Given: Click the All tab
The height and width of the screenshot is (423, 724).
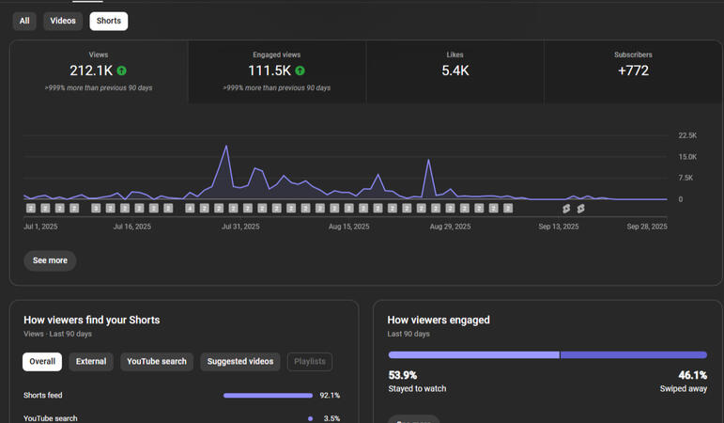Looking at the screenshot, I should click(24, 21).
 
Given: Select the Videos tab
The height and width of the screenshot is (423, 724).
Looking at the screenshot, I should click(63, 21).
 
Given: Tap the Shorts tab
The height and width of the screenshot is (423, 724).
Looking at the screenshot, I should click(109, 21).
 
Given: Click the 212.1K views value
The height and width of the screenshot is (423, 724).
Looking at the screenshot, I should click(91, 70).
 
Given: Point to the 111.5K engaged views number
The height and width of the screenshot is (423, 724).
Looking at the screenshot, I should click(270, 70).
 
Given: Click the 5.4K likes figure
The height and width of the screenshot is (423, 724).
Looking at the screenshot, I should click(455, 70).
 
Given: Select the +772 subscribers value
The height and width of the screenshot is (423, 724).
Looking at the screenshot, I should click(633, 70).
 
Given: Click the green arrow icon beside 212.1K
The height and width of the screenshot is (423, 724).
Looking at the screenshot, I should click(122, 70).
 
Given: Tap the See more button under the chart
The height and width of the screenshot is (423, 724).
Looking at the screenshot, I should click(50, 260).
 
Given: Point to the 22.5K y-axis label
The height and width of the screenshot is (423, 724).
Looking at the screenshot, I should click(687, 135).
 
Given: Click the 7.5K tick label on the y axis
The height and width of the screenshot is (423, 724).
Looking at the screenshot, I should click(685, 178).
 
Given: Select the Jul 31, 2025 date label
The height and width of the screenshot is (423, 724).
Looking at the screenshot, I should click(240, 227).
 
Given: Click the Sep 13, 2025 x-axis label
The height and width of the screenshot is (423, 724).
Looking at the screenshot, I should click(558, 227).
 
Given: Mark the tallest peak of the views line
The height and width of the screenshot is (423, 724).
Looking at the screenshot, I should click(226, 147).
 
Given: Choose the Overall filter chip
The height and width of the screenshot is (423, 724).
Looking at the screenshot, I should click(42, 361).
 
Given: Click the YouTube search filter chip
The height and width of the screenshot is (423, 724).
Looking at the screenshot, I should click(157, 361).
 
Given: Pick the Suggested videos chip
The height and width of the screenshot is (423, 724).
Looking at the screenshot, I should click(240, 361).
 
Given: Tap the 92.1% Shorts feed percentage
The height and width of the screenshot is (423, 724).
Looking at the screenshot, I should click(330, 396).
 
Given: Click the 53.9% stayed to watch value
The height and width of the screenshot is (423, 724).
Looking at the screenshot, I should click(403, 375).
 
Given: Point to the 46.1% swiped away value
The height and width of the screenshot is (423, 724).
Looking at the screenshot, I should click(693, 375).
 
